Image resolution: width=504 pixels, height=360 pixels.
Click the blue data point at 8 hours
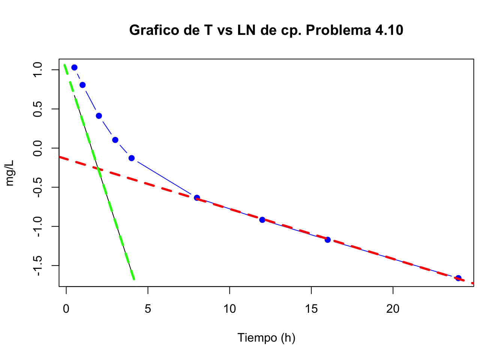click(197, 198)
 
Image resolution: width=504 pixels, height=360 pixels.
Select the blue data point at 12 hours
click(262, 220)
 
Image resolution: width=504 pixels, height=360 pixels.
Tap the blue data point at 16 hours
click(328, 240)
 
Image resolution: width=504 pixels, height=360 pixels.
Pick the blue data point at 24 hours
click(458, 278)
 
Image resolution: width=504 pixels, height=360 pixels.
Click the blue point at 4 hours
click(132, 158)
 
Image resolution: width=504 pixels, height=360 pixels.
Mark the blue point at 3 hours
click(115, 140)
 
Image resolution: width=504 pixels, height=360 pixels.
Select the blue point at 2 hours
click(99, 116)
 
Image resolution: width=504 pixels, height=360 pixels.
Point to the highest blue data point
click(74, 67)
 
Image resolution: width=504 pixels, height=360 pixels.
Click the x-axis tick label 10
click(229, 309)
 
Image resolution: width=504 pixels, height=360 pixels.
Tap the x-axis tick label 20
click(393, 309)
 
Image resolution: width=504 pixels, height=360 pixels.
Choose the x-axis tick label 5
click(148, 309)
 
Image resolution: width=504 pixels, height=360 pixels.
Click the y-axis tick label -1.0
click(38, 226)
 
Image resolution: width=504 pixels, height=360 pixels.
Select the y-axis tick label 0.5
click(38, 109)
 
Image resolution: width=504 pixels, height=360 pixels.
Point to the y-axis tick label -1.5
click(38, 265)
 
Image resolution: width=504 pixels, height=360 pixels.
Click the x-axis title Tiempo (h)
click(266, 338)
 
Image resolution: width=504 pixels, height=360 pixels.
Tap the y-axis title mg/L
click(10, 173)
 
